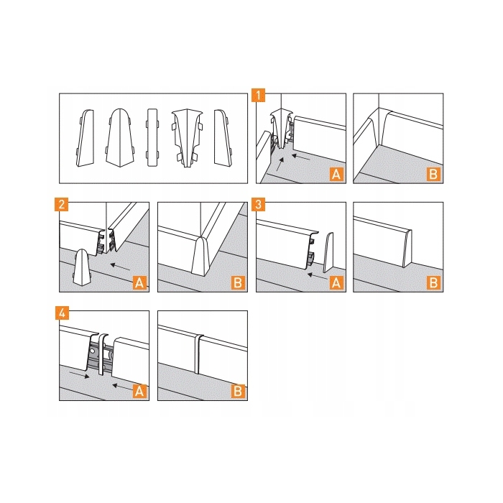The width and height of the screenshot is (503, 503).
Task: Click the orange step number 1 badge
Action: (259, 96)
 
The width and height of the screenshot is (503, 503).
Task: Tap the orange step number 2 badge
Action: (62, 204)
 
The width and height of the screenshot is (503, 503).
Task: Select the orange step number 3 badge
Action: (259, 204)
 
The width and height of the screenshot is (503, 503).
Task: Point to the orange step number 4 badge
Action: (62, 313)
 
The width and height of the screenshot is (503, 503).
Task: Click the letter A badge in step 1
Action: (336, 174)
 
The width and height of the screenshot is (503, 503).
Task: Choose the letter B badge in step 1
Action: (433, 174)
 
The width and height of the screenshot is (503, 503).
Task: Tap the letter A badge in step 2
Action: (139, 283)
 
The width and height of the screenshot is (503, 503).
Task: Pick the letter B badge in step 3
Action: (433, 283)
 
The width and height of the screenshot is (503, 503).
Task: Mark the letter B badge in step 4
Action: (238, 392)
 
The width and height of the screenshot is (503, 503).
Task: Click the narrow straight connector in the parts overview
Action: (152, 138)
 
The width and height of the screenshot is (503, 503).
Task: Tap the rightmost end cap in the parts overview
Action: (223, 138)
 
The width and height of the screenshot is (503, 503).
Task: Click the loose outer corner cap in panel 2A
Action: (83, 267)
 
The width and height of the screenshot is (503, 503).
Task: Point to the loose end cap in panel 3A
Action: (328, 253)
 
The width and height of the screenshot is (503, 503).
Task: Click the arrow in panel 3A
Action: (318, 277)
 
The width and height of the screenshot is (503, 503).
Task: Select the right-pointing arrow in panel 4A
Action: (80, 374)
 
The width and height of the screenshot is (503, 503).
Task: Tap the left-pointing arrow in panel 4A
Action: (122, 387)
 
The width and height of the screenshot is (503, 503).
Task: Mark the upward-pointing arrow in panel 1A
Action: (280, 165)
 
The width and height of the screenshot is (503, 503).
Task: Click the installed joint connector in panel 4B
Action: (198, 354)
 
